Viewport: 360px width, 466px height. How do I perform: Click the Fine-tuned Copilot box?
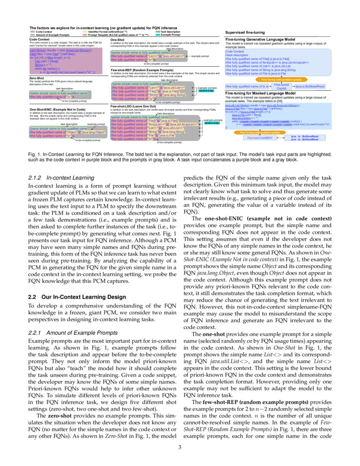(x=282, y=86)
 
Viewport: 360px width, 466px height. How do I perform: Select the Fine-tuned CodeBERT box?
(x=260, y=138)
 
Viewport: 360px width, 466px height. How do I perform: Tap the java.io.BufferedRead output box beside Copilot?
(x=310, y=86)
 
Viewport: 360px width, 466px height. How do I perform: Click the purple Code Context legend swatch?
(x=32, y=32)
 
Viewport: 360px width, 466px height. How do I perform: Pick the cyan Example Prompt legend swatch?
(x=158, y=35)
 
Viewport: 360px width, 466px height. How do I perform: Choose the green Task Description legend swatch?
(x=158, y=32)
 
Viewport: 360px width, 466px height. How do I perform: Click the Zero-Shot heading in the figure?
(x=37, y=78)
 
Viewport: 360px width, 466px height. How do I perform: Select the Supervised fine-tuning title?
(x=245, y=32)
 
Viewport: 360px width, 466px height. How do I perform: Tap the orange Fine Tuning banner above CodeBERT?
(x=260, y=133)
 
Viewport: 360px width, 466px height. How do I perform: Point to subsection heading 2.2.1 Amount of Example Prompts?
(x=72, y=333)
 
